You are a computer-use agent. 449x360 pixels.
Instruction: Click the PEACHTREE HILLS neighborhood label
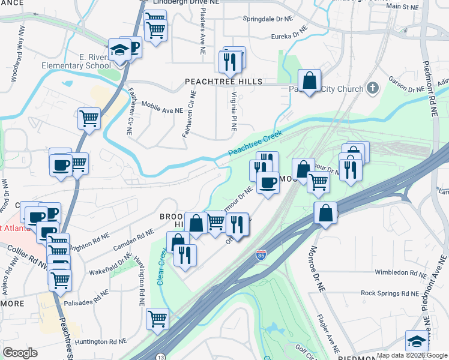[x=223, y=81]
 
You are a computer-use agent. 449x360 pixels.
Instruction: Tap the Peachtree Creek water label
[x=255, y=147]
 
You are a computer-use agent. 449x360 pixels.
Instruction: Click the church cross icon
[x=372, y=89]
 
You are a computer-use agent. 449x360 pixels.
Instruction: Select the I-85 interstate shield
[x=261, y=256]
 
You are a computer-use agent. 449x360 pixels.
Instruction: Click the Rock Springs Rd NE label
[x=390, y=293]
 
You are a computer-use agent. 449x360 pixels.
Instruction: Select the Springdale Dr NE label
[x=267, y=19]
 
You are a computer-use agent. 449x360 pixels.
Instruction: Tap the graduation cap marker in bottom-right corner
[x=416, y=341]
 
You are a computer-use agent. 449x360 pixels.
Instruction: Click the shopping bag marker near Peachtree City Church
[x=309, y=80]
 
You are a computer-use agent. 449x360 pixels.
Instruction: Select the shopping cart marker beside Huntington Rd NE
[x=157, y=319]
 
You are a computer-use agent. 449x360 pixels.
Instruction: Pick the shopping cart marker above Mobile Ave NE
[x=89, y=119]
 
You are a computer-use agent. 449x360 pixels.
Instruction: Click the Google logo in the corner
[x=20, y=353]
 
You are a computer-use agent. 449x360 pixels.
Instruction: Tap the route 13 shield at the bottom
[x=161, y=357]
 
